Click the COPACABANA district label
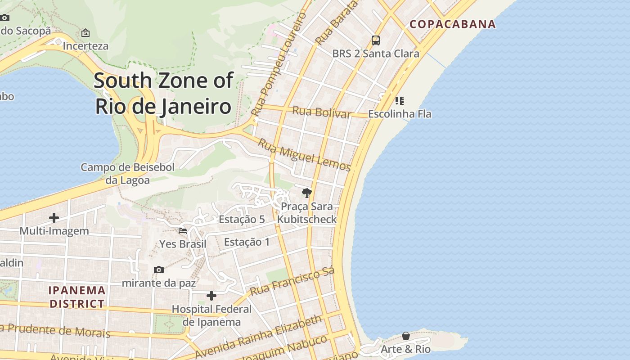pyautogui.click(x=453, y=24)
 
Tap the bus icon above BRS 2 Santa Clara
pyautogui.click(x=376, y=40)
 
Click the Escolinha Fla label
pyautogui.click(x=400, y=114)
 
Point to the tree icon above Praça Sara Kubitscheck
pyautogui.click(x=307, y=193)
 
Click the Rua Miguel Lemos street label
pyautogui.click(x=304, y=155)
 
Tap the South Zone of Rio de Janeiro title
pyautogui.click(x=163, y=94)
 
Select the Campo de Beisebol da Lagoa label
pyautogui.click(x=127, y=174)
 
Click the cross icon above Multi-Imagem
pyautogui.click(x=54, y=218)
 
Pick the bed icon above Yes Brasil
pyautogui.click(x=183, y=231)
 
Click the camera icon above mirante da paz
pyautogui.click(x=158, y=270)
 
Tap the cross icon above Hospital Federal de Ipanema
pyautogui.click(x=211, y=296)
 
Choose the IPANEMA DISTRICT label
pyautogui.click(x=77, y=297)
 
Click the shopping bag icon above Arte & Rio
pyautogui.click(x=406, y=336)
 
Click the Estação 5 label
pyautogui.click(x=242, y=220)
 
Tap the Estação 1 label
pyautogui.click(x=247, y=242)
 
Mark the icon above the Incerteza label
pyautogui.click(x=85, y=33)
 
